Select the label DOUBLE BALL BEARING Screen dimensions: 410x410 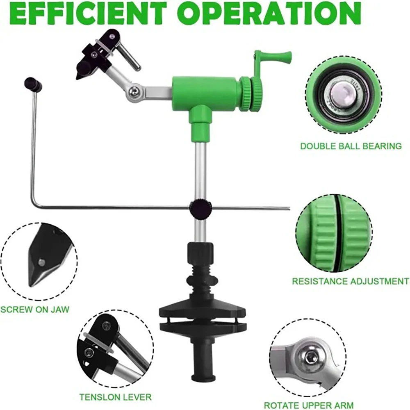point(351,146)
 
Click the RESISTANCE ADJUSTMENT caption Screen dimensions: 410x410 point(350,281)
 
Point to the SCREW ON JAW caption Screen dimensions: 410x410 point(35,309)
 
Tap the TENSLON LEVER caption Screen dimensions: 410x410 point(115,397)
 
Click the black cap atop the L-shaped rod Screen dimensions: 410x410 point(33,84)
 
